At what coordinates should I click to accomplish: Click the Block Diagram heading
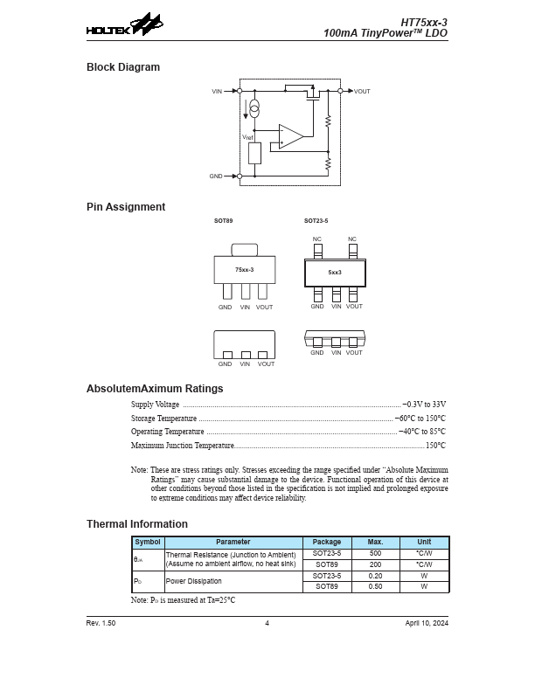tap(123, 67)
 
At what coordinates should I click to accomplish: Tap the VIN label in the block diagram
tap(217, 91)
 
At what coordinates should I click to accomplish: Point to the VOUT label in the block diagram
tap(362, 91)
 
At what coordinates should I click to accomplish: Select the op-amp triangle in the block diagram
tap(291, 135)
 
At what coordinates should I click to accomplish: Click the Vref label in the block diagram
tap(247, 137)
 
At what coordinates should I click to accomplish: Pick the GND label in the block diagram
tap(216, 176)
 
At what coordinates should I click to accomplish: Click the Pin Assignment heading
tap(126, 207)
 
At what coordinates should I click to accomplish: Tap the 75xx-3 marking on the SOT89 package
tap(244, 270)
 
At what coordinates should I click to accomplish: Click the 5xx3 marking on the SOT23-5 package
tap(335, 273)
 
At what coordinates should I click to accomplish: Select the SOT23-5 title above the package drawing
tap(316, 221)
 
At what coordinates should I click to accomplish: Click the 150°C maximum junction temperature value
tap(435, 446)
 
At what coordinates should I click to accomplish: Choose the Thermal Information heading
tap(137, 524)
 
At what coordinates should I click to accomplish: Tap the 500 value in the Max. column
tap(375, 553)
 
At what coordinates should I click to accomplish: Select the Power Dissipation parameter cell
tap(194, 581)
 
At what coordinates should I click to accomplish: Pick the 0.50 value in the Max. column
tap(375, 586)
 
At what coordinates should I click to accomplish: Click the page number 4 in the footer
tap(267, 623)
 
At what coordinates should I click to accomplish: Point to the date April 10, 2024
tap(427, 623)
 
